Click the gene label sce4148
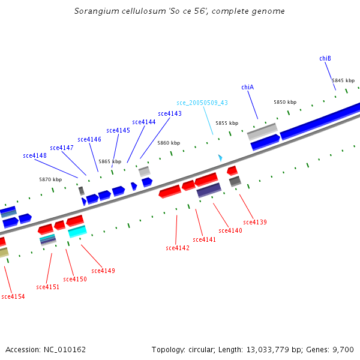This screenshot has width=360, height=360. tap(35, 155)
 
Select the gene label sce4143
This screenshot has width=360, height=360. tap(170, 113)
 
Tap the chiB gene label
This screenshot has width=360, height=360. tap(325, 58)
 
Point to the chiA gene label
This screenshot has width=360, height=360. tap(248, 87)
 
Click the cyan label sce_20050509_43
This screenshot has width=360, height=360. tap(202, 103)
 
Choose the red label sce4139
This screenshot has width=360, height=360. tap(255, 222)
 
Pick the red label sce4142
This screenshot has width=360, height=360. tap(178, 248)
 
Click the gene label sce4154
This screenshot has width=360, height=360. tap(13, 296)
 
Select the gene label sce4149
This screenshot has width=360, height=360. tap(103, 271)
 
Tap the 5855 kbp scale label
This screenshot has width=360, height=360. tap(227, 123)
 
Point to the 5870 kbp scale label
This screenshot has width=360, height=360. tap(50, 179)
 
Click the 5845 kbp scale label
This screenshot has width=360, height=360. tap(343, 80)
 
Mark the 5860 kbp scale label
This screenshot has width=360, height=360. tap(169, 143)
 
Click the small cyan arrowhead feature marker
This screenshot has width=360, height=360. tap(220, 158)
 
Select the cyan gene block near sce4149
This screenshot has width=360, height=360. tap(77, 231)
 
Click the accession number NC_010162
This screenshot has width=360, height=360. tap(46, 349)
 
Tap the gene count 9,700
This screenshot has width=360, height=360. tap(344, 349)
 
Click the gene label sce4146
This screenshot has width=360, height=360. tap(89, 139)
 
